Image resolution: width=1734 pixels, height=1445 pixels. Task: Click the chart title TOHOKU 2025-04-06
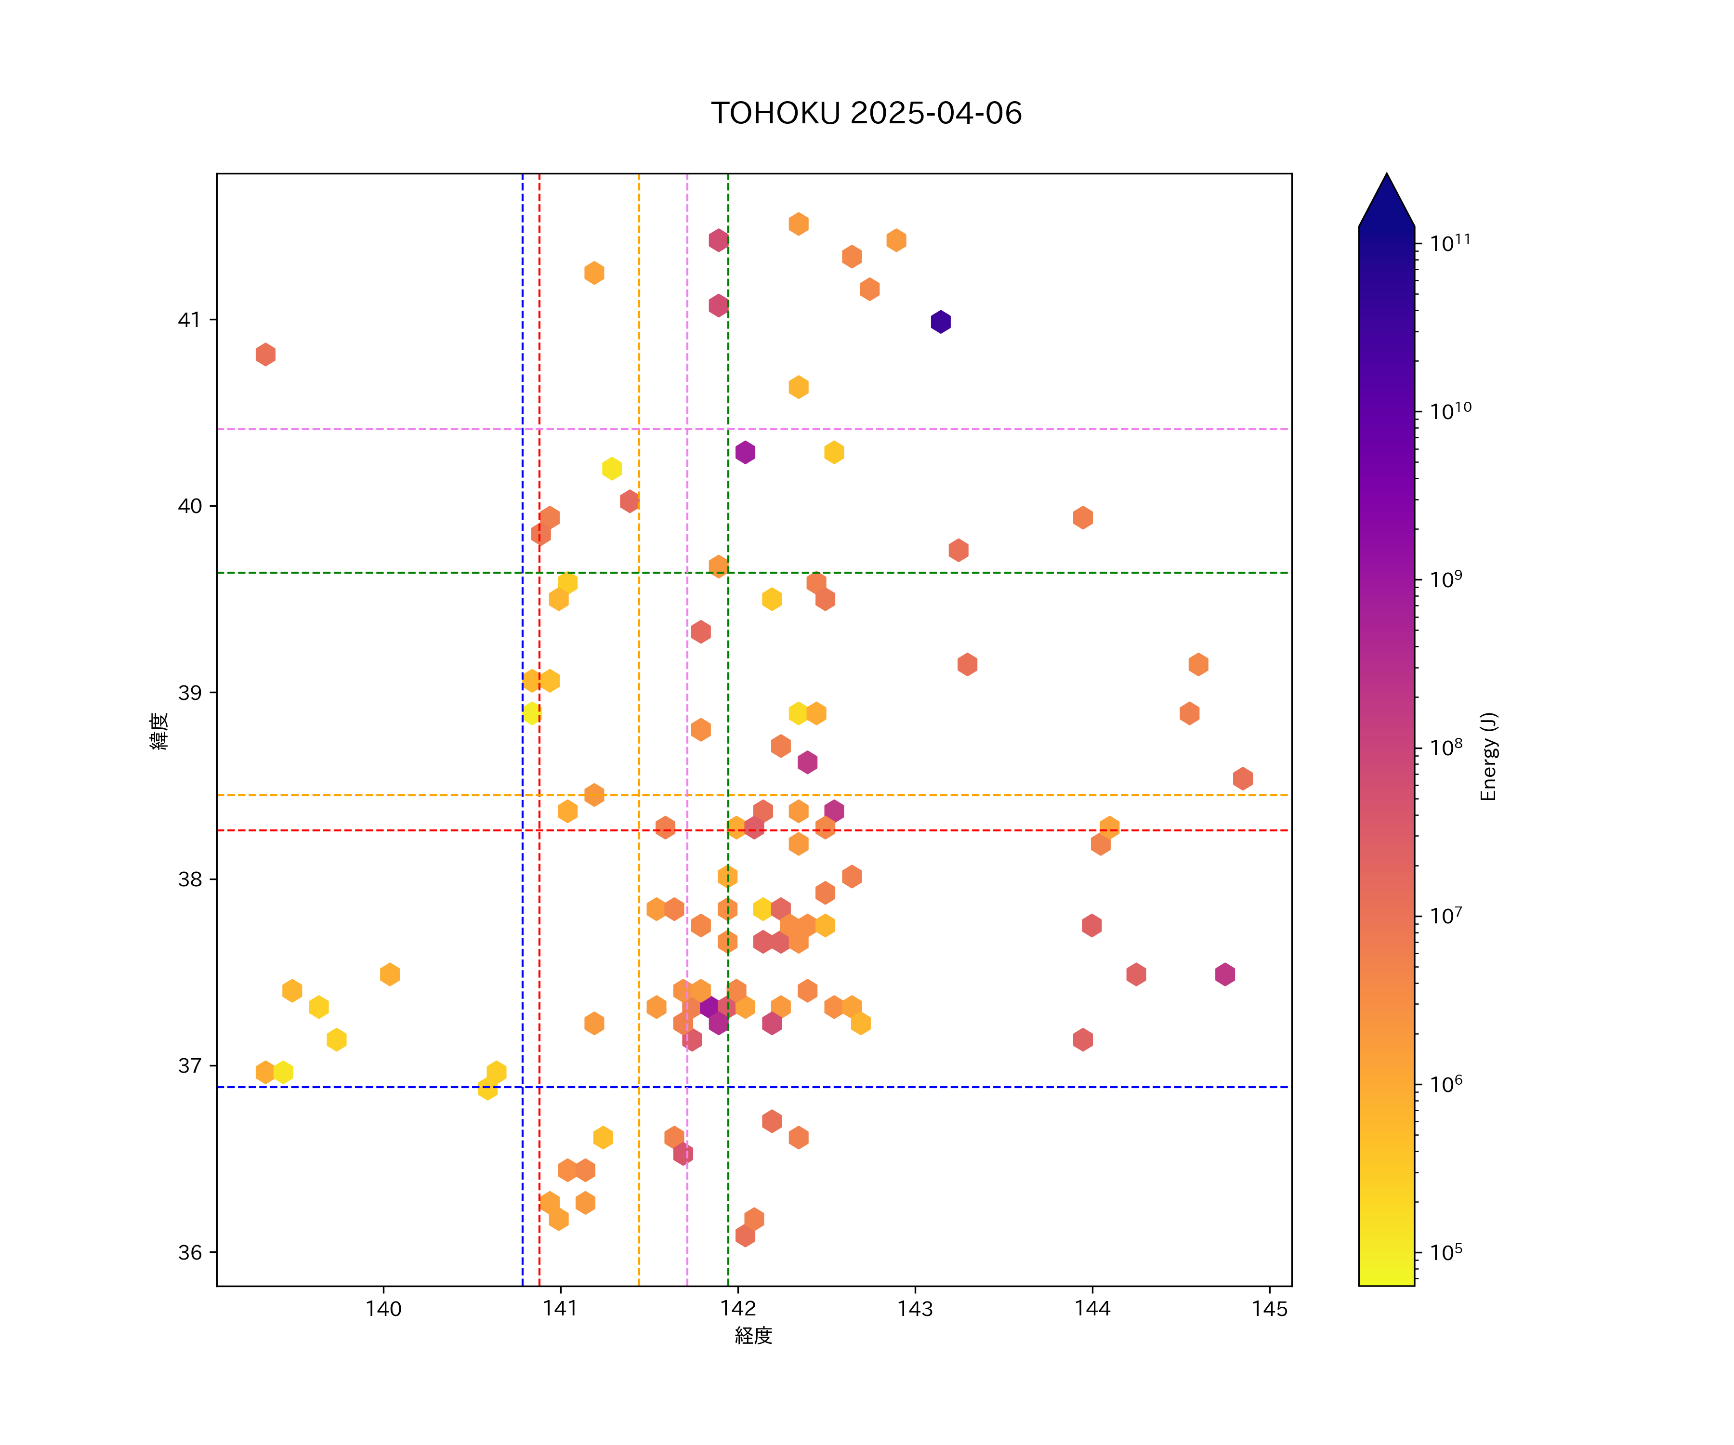click(866, 113)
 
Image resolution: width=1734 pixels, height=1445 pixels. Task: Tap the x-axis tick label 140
click(383, 1309)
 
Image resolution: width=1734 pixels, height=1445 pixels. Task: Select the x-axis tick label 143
click(915, 1309)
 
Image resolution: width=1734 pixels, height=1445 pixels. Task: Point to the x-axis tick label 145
click(1269, 1309)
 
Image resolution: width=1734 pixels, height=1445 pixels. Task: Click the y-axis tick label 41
click(189, 319)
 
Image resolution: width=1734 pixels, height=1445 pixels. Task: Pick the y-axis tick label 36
click(189, 1253)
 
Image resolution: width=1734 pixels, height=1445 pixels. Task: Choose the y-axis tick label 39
click(189, 693)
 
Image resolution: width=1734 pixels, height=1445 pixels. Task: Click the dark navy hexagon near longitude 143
click(941, 321)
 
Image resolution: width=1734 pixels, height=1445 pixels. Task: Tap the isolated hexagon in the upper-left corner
click(265, 354)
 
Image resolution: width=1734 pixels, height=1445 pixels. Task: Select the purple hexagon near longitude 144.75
click(1224, 974)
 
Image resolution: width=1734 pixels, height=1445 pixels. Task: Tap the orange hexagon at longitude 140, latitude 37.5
click(390, 974)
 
